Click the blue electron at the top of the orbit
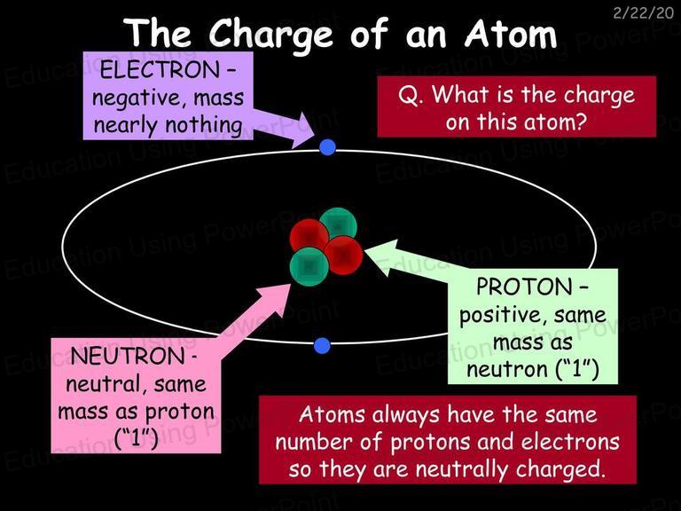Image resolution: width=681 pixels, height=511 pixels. (327, 147)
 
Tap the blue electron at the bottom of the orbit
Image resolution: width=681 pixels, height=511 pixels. (322, 345)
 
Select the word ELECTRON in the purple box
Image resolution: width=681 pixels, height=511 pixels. (160, 70)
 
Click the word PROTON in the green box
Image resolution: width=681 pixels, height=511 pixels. (524, 287)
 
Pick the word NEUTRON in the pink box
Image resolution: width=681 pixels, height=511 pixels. (128, 357)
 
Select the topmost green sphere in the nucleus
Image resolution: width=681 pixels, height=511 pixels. (339, 224)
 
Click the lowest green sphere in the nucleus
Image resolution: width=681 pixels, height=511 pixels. (309, 267)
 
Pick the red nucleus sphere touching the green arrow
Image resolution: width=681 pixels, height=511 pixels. (343, 255)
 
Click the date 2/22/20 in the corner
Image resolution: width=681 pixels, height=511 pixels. (643, 13)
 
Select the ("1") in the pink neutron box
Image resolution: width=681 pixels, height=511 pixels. (136, 438)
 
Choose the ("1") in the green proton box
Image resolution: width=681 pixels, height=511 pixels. (577, 369)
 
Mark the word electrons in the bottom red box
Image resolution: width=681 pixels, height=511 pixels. (570, 442)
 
